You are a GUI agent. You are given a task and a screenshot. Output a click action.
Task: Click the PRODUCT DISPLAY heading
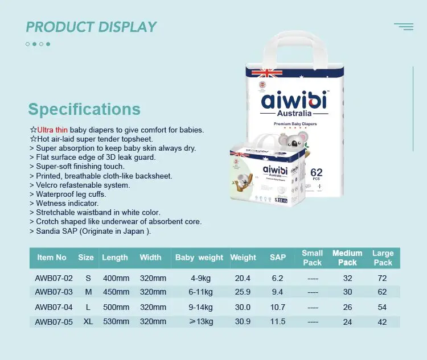pyautogui.click(x=91, y=27)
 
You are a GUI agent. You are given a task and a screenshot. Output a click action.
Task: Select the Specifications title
pyautogui.click(x=84, y=109)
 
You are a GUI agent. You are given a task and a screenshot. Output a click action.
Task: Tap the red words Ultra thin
pyautogui.click(x=52, y=130)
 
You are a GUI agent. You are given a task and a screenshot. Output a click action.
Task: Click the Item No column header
pyautogui.click(x=52, y=258)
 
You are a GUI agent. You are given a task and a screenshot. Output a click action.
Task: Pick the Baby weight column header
pyautogui.click(x=199, y=258)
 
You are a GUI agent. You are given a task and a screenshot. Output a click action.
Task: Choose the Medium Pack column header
pyautogui.click(x=347, y=258)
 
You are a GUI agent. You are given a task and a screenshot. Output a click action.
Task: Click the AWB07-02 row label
pyautogui.click(x=54, y=278)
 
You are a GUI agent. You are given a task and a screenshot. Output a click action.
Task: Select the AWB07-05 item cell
pyautogui.click(x=54, y=322)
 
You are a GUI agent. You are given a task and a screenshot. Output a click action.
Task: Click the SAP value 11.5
pyautogui.click(x=278, y=322)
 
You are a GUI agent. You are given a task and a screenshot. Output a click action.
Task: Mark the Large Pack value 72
pyautogui.click(x=383, y=278)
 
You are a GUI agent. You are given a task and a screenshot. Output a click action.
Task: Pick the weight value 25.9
pyautogui.click(x=243, y=292)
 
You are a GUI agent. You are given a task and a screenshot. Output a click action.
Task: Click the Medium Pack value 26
pyautogui.click(x=347, y=307)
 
